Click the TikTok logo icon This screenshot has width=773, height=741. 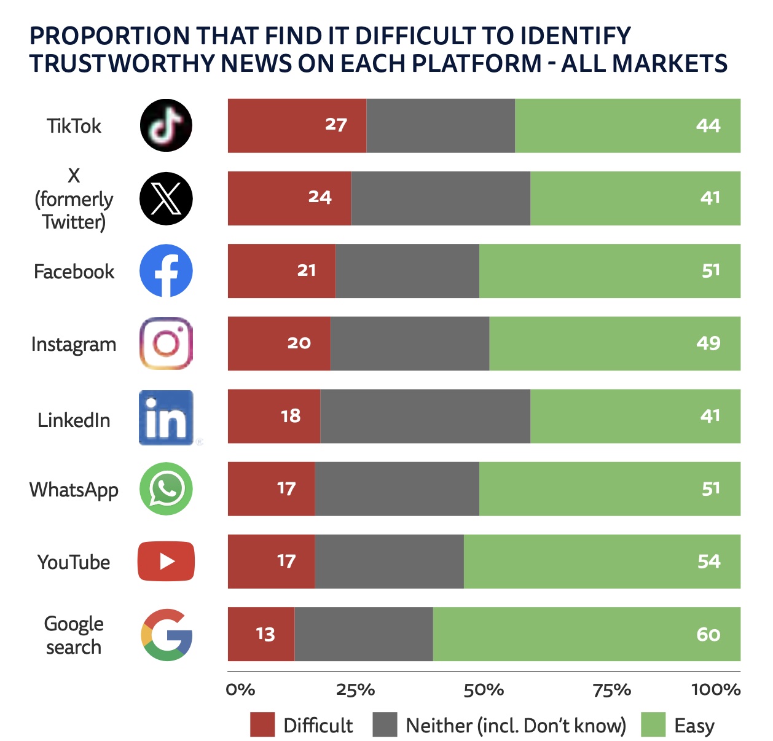point(166,125)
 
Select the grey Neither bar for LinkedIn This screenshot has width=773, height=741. point(425,416)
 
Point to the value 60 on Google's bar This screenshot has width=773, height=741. point(708,634)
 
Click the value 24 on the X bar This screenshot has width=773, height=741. point(320,197)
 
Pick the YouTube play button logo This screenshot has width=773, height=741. point(166,561)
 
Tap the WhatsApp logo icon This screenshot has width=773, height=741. point(166,488)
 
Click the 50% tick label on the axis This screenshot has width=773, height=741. point(484,689)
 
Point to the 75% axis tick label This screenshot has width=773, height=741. point(612,689)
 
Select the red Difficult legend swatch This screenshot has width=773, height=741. point(262,724)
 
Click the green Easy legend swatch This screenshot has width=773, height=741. point(653,724)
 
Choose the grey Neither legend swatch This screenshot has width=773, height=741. point(385,724)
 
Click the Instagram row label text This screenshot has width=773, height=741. point(74,344)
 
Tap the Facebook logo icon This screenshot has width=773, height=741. point(166,271)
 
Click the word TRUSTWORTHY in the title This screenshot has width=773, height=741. point(121,63)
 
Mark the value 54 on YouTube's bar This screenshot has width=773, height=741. point(708,561)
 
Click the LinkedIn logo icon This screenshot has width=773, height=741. point(166,417)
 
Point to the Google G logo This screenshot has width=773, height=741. point(167,635)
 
